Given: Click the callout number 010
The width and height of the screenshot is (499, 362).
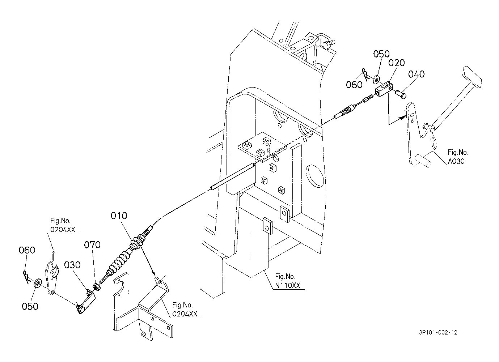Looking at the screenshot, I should click(119, 216).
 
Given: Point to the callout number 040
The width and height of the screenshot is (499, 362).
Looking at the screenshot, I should click(416, 74).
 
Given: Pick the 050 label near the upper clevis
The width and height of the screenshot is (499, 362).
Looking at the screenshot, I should click(381, 54).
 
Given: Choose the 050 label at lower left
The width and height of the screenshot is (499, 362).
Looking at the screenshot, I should click(30, 306).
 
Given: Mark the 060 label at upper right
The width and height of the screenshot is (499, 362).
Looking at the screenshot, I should click(354, 85).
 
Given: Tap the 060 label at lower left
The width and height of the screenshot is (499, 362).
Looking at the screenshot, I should click(27, 250).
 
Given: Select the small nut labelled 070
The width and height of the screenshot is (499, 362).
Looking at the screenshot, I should click(97, 287).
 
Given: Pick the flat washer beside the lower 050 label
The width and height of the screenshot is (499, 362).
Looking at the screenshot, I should click(37, 282).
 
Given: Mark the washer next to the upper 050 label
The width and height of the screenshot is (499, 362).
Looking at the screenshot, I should click(376, 78).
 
